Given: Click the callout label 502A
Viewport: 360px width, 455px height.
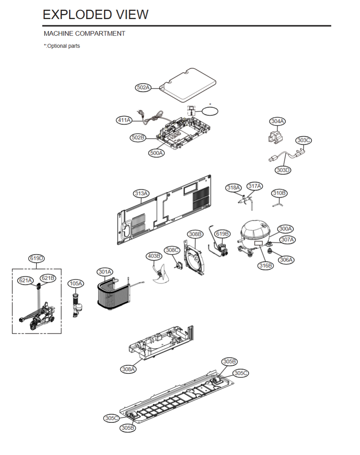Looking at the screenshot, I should click(143, 88).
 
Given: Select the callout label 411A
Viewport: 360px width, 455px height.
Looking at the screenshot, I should click(124, 120).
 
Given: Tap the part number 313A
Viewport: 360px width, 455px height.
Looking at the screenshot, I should click(141, 194).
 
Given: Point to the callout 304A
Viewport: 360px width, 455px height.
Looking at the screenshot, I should click(278, 121).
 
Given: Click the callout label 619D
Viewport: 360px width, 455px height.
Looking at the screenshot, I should click(36, 258).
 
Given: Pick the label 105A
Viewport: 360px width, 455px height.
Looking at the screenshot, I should click(76, 284).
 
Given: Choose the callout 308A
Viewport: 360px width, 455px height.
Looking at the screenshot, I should click(128, 370).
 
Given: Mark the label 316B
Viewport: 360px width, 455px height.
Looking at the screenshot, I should click(266, 266).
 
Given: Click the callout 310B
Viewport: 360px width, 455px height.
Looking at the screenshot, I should click(280, 193).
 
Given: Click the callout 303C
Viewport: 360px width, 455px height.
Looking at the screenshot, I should click(304, 140).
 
